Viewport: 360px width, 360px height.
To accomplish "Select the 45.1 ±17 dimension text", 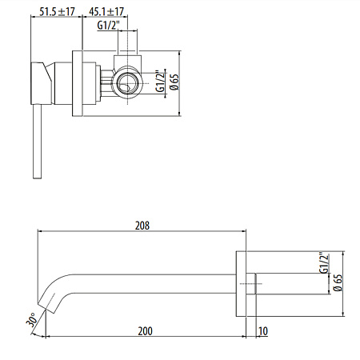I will (106, 12).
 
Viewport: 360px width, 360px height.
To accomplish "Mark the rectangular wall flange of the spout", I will (242, 282).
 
